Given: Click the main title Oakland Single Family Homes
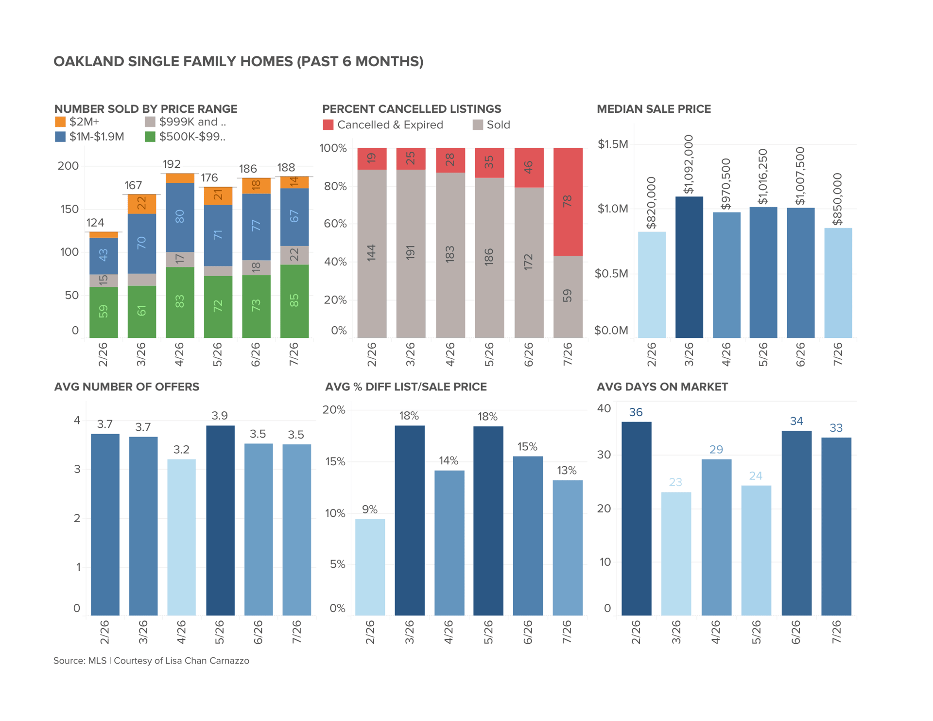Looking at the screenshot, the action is pyautogui.click(x=238, y=62).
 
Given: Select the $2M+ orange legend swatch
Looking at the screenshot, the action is pyautogui.click(x=60, y=122).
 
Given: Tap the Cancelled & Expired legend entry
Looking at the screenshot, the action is pyautogui.click(x=383, y=125).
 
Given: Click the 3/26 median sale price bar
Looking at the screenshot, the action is pyautogui.click(x=689, y=267).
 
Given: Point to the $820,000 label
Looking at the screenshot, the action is pyautogui.click(x=651, y=203).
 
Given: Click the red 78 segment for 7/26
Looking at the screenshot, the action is pyautogui.click(x=568, y=202).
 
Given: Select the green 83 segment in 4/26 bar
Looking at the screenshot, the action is pyautogui.click(x=180, y=302).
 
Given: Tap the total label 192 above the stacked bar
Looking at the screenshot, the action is pyautogui.click(x=172, y=164).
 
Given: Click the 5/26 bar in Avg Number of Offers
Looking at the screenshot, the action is pyautogui.click(x=220, y=520).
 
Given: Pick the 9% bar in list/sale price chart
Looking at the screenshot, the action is pyautogui.click(x=370, y=567).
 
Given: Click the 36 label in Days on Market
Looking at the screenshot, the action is pyautogui.click(x=636, y=412).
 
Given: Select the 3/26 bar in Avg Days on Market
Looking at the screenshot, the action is pyautogui.click(x=676, y=554).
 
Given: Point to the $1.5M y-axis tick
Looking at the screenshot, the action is pyautogui.click(x=613, y=144).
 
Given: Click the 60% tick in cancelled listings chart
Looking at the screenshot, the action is pyautogui.click(x=335, y=224).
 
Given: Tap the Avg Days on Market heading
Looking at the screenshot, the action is pyautogui.click(x=662, y=387).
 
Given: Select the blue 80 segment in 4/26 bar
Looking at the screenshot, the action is pyautogui.click(x=180, y=217).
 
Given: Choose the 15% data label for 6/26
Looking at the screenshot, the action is pyautogui.click(x=527, y=447).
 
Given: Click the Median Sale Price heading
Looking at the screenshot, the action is pyautogui.click(x=654, y=109).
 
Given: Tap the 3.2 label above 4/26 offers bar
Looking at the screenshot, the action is pyautogui.click(x=181, y=450).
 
